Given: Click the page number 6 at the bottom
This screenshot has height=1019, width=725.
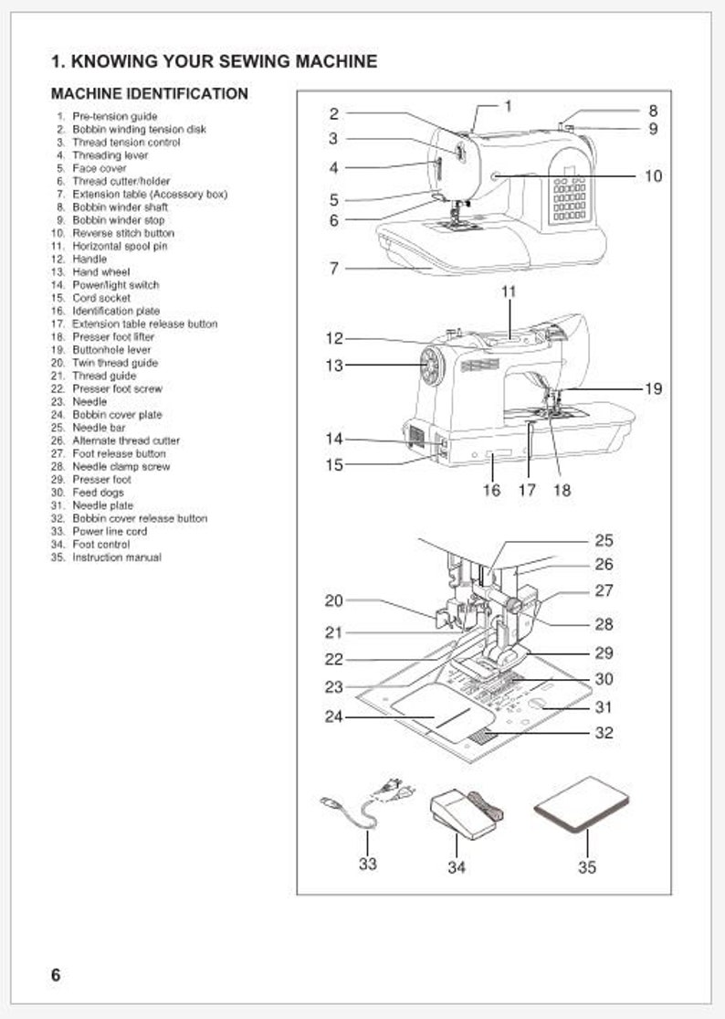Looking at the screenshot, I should [x=56, y=974].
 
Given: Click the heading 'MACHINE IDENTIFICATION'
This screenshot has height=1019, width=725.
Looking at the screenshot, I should [x=149, y=93].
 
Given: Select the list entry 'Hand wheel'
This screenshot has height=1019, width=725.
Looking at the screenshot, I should [x=100, y=272].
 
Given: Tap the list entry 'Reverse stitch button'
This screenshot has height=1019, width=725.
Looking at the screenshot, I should [x=122, y=233].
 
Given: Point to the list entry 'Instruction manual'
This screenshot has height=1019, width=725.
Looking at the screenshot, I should [x=116, y=557].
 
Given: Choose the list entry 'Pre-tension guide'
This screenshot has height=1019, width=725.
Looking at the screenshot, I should [x=114, y=117].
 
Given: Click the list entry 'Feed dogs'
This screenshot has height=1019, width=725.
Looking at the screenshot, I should [x=98, y=493].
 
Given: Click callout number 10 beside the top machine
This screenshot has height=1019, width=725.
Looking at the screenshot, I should [x=653, y=175].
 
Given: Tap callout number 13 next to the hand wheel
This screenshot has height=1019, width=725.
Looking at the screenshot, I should [x=334, y=366].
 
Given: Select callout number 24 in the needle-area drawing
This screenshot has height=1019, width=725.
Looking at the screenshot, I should [x=334, y=717].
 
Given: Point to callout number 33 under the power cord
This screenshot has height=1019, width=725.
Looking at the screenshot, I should [x=367, y=864].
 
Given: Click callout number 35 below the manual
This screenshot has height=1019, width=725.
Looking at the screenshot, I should [x=586, y=866].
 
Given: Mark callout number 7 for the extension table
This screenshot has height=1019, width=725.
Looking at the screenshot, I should [x=334, y=269].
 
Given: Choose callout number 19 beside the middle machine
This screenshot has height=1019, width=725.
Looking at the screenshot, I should [x=653, y=388].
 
